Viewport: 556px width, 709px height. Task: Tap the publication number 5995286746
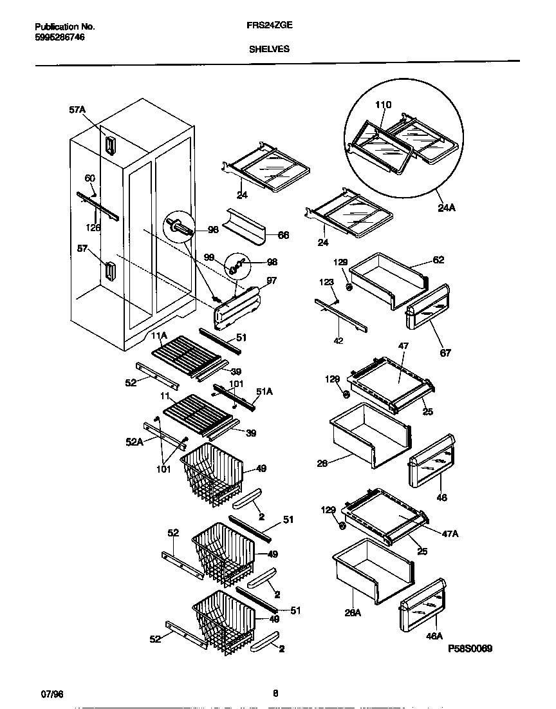(x=59, y=37)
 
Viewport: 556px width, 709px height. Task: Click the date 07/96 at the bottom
(x=51, y=694)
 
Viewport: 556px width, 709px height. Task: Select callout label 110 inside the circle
(x=383, y=105)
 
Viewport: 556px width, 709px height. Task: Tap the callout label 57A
(x=77, y=110)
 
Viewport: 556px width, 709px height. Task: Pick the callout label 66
(x=283, y=235)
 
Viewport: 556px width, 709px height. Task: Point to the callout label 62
(x=438, y=260)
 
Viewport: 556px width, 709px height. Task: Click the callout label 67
(x=445, y=352)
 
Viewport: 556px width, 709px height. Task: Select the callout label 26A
(x=353, y=612)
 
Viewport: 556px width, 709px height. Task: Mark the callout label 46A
(x=434, y=636)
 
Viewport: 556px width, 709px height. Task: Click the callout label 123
(x=328, y=281)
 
